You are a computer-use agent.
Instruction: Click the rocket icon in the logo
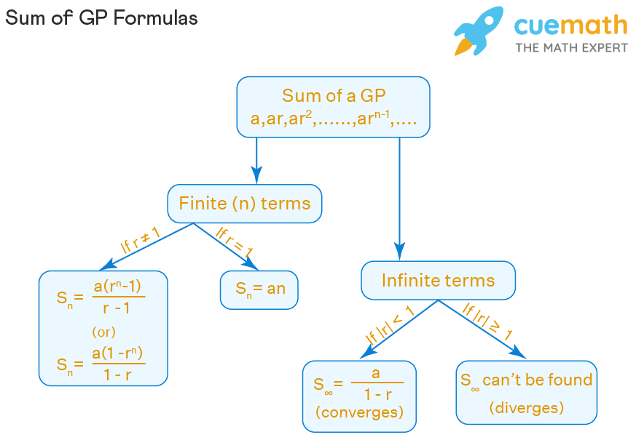pos(479,31)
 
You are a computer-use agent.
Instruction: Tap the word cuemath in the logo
pos(570,25)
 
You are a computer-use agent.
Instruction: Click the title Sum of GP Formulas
pos(101,18)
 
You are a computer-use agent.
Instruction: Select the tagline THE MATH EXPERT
pos(571,48)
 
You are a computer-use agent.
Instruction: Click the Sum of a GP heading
pos(334,96)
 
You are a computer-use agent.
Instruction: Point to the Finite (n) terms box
pos(245,204)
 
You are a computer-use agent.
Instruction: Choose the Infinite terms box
pos(438,280)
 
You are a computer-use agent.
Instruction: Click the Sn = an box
pos(259,290)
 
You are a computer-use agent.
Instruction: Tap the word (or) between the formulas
pos(104,332)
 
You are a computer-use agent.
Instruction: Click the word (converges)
pos(359,412)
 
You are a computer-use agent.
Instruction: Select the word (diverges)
pos(527,407)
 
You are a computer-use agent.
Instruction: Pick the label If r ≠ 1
pos(141,240)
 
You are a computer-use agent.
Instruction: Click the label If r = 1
pos(235,242)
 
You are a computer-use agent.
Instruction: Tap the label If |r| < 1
pos(389,325)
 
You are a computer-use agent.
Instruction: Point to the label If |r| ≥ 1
pos(487,321)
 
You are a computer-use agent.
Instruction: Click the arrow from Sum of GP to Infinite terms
pos(399,199)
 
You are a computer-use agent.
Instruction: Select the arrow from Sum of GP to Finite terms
pos(256,161)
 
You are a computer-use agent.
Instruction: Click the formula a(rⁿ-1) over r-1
pos(118,297)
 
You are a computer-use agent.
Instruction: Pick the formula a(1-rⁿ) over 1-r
pos(118,364)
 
